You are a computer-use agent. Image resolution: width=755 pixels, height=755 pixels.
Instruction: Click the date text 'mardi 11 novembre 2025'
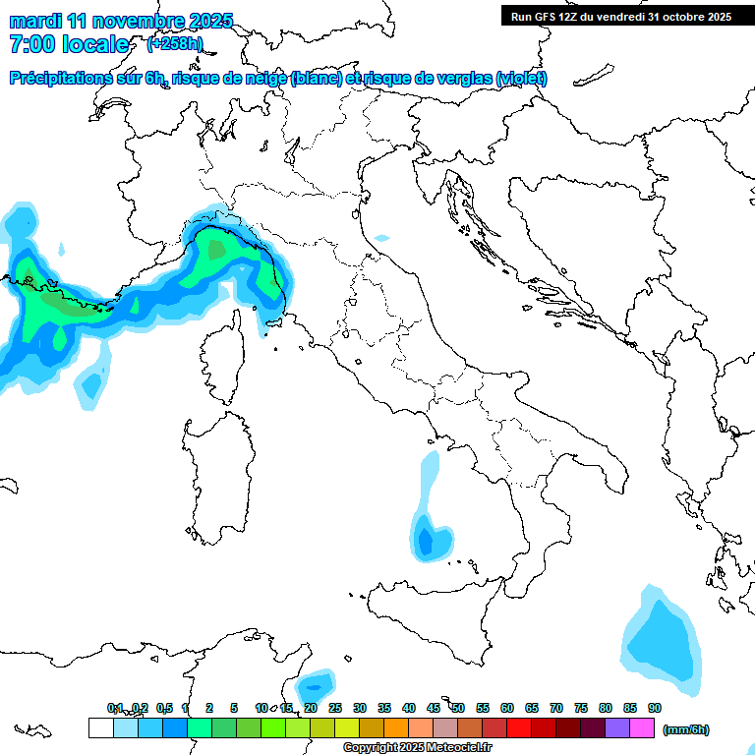122,21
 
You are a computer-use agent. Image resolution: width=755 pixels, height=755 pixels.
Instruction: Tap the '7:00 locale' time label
69,44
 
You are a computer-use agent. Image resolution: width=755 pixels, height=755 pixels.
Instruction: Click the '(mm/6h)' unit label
686,729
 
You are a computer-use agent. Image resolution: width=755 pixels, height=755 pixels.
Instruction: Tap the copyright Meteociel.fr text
418,747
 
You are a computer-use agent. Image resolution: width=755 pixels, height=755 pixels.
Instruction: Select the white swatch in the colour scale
100,728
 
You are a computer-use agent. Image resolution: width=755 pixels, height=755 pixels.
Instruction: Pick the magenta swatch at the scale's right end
643,728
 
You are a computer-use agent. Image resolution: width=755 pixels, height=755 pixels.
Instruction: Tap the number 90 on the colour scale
655,708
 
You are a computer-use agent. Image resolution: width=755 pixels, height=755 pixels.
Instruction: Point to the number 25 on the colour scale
335,708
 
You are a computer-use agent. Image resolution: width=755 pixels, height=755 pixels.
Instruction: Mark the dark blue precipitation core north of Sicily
426,540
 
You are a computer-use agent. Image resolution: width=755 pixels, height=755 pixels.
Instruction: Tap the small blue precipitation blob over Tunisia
316,682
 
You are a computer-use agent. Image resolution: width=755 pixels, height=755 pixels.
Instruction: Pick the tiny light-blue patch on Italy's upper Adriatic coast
380,237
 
